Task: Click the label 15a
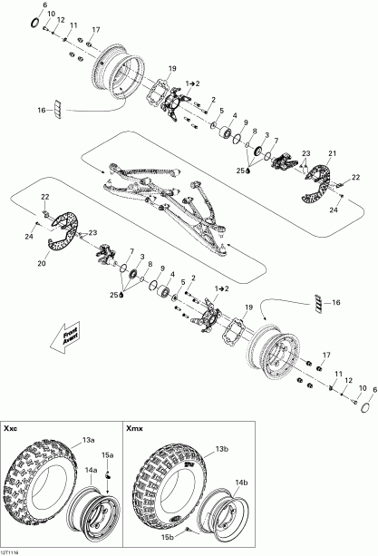point(107,454)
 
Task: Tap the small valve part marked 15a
point(107,473)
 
